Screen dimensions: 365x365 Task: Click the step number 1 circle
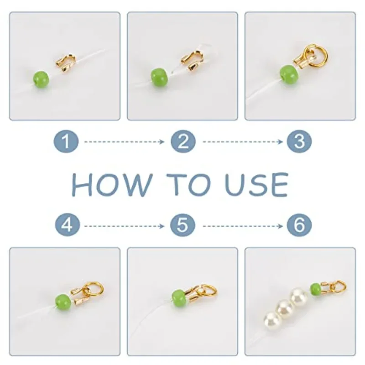click(66, 141)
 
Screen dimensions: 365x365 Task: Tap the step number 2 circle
click(183, 141)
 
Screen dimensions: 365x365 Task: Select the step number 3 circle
click(299, 141)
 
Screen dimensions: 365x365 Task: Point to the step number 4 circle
click(67, 225)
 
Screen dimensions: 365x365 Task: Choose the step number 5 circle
click(182, 225)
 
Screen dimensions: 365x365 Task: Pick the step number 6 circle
click(299, 225)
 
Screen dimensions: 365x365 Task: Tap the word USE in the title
click(257, 185)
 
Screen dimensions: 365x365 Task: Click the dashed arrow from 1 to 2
click(124, 141)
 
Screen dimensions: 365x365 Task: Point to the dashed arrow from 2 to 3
click(243, 141)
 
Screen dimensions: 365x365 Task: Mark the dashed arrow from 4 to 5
click(124, 226)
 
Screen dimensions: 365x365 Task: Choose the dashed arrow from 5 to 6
click(243, 226)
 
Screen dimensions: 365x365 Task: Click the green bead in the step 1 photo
click(41, 80)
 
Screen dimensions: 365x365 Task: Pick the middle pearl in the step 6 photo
click(285, 308)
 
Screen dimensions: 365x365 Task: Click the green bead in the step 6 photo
click(315, 289)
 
